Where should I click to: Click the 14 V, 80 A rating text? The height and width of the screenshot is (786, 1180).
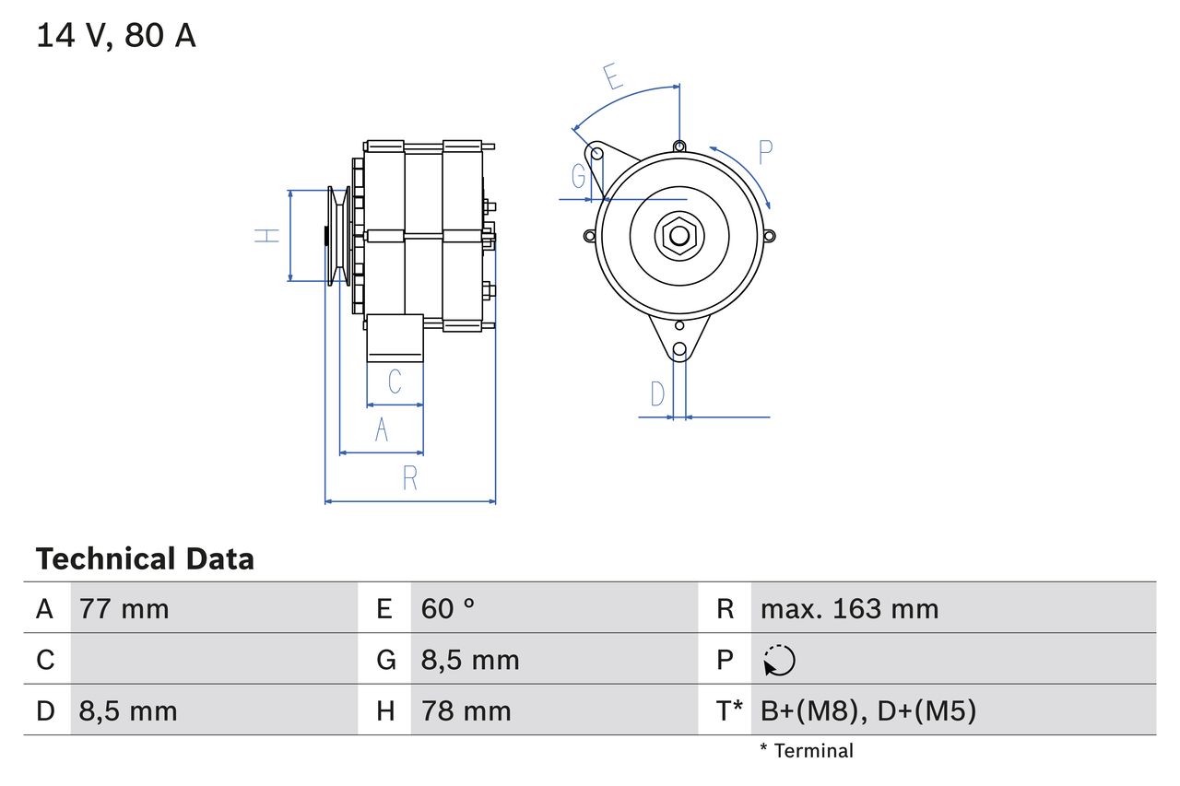pos(116,36)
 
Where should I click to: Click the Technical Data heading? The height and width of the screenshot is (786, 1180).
pos(145,559)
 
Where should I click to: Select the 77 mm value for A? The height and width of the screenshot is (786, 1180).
pos(124,609)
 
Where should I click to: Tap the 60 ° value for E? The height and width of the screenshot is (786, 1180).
pos(448,609)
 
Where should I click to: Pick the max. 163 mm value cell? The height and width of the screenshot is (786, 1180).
pos(849,609)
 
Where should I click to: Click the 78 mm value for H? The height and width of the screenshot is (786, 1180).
pos(466,710)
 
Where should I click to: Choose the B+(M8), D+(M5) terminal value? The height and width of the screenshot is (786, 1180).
pos(867,710)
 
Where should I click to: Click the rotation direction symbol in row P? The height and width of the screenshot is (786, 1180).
pos(780,660)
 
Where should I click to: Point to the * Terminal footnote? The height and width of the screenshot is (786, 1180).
pos(807,751)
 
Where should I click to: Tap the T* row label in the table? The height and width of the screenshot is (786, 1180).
pos(729,710)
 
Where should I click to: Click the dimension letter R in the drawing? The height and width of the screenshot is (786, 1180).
pos(410,479)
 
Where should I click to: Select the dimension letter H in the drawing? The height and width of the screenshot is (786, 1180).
pos(267,236)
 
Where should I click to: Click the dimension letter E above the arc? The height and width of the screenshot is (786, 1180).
pos(612,76)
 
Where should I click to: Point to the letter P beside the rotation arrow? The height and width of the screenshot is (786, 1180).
pos(765,152)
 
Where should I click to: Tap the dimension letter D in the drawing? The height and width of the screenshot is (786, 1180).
pos(657,394)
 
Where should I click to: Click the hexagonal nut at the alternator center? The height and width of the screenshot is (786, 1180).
pos(679,236)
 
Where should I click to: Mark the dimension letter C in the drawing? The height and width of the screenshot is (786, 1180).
pos(395,381)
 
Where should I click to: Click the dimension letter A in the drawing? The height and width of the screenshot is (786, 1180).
pos(382,430)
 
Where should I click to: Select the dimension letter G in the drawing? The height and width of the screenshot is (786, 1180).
pos(579,176)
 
